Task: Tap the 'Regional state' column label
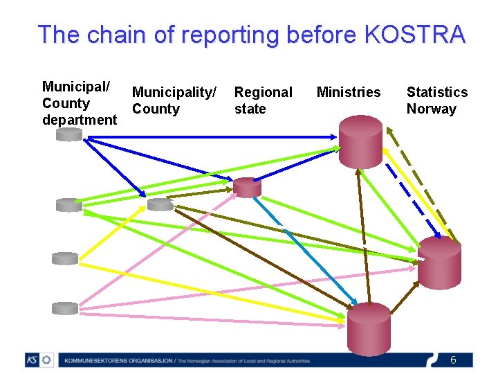[263, 100]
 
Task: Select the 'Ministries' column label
[349, 92]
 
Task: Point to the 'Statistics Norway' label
[436, 100]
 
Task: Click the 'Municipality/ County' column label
[174, 100]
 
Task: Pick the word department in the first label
[80, 120]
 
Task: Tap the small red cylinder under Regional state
[247, 187]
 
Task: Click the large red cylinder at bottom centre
[369, 328]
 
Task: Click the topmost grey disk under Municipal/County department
[69, 134]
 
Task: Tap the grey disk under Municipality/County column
[160, 204]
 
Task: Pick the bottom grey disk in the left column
[66, 308]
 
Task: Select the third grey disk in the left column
[66, 258]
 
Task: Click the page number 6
[453, 360]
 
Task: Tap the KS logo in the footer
[39, 360]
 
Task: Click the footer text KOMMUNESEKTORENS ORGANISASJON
[114, 361]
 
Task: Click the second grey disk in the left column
[69, 204]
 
